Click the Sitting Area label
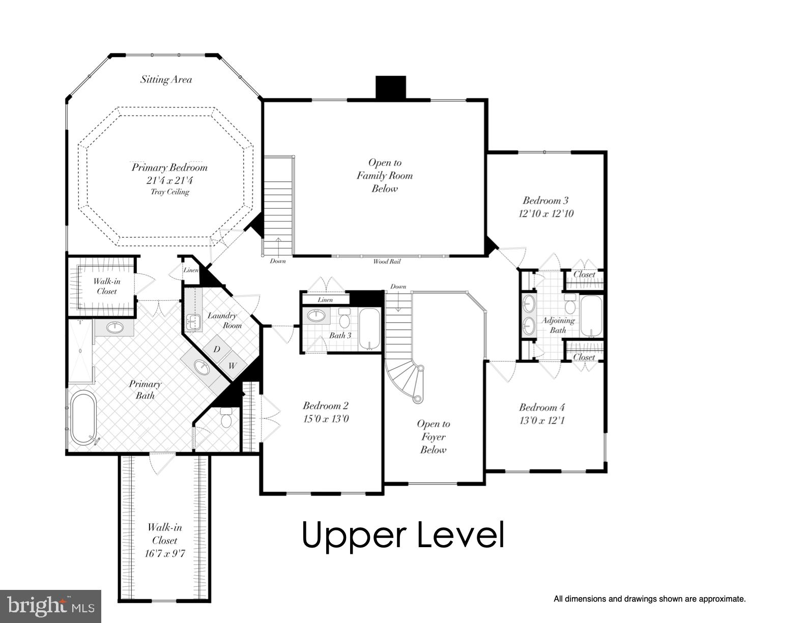coord(166,79)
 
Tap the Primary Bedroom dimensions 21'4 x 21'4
coord(169,180)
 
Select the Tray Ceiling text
coord(169,192)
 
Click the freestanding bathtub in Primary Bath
coord(83,417)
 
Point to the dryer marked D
coord(217,349)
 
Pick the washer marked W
coord(233,365)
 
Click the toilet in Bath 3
coord(344,319)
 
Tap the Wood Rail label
coord(387,262)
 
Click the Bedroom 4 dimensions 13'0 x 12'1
coord(542,420)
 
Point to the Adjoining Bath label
coord(558,325)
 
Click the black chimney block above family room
coord(390,87)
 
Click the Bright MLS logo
coord(50,606)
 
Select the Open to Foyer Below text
coord(433,437)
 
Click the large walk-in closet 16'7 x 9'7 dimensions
coord(164,553)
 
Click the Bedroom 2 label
coord(325,406)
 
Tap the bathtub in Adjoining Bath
coord(591,317)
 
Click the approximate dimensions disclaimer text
coord(649,599)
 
